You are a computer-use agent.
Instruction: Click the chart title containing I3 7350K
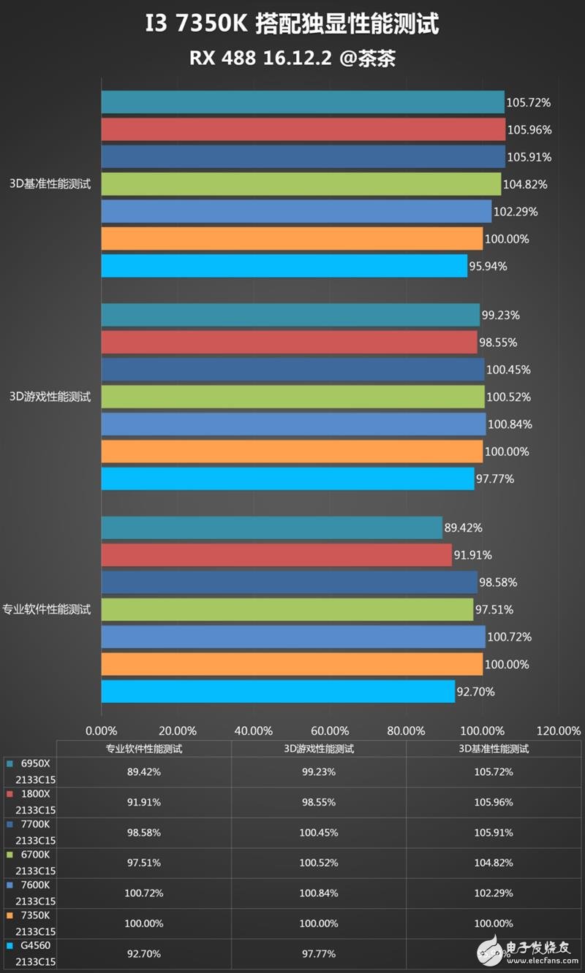(x=292, y=25)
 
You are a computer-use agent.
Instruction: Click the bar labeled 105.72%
(x=303, y=102)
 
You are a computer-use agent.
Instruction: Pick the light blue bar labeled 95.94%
(x=284, y=266)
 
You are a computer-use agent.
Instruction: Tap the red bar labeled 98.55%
(x=289, y=343)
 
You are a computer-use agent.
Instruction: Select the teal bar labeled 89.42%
(x=271, y=527)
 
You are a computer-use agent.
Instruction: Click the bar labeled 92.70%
(x=278, y=691)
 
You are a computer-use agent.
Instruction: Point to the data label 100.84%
(x=510, y=424)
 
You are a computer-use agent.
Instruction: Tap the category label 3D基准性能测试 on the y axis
(x=50, y=184)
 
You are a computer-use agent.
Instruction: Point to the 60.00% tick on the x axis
(x=330, y=730)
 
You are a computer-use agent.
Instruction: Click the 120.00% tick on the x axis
(x=558, y=730)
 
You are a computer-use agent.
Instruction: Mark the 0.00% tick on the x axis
(x=101, y=730)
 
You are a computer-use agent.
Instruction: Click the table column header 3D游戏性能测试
(x=319, y=749)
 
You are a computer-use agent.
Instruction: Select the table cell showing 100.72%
(x=144, y=893)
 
